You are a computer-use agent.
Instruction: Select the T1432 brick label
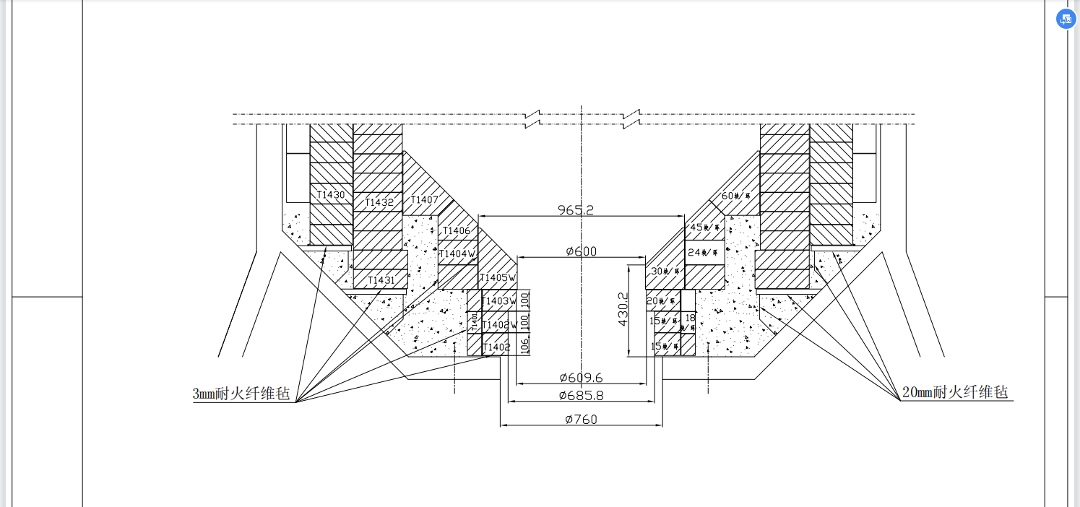(379, 202)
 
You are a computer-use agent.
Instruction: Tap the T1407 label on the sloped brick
(424, 199)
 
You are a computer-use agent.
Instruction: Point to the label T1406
(456, 231)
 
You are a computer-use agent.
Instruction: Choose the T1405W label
(498, 278)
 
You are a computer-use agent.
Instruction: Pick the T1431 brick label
(381, 280)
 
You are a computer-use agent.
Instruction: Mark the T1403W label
(499, 301)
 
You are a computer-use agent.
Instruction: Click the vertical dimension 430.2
(622, 309)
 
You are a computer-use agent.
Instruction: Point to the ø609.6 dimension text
(581, 377)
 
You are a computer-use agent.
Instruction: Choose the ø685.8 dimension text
(581, 396)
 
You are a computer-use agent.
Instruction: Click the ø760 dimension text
(581, 419)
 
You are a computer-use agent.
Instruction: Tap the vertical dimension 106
(525, 345)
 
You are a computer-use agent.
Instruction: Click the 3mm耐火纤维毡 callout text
(241, 394)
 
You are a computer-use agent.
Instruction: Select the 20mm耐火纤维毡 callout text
(955, 392)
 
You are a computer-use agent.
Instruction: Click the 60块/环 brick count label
(737, 196)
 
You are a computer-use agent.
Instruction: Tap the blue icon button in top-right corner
(1066, 19)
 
